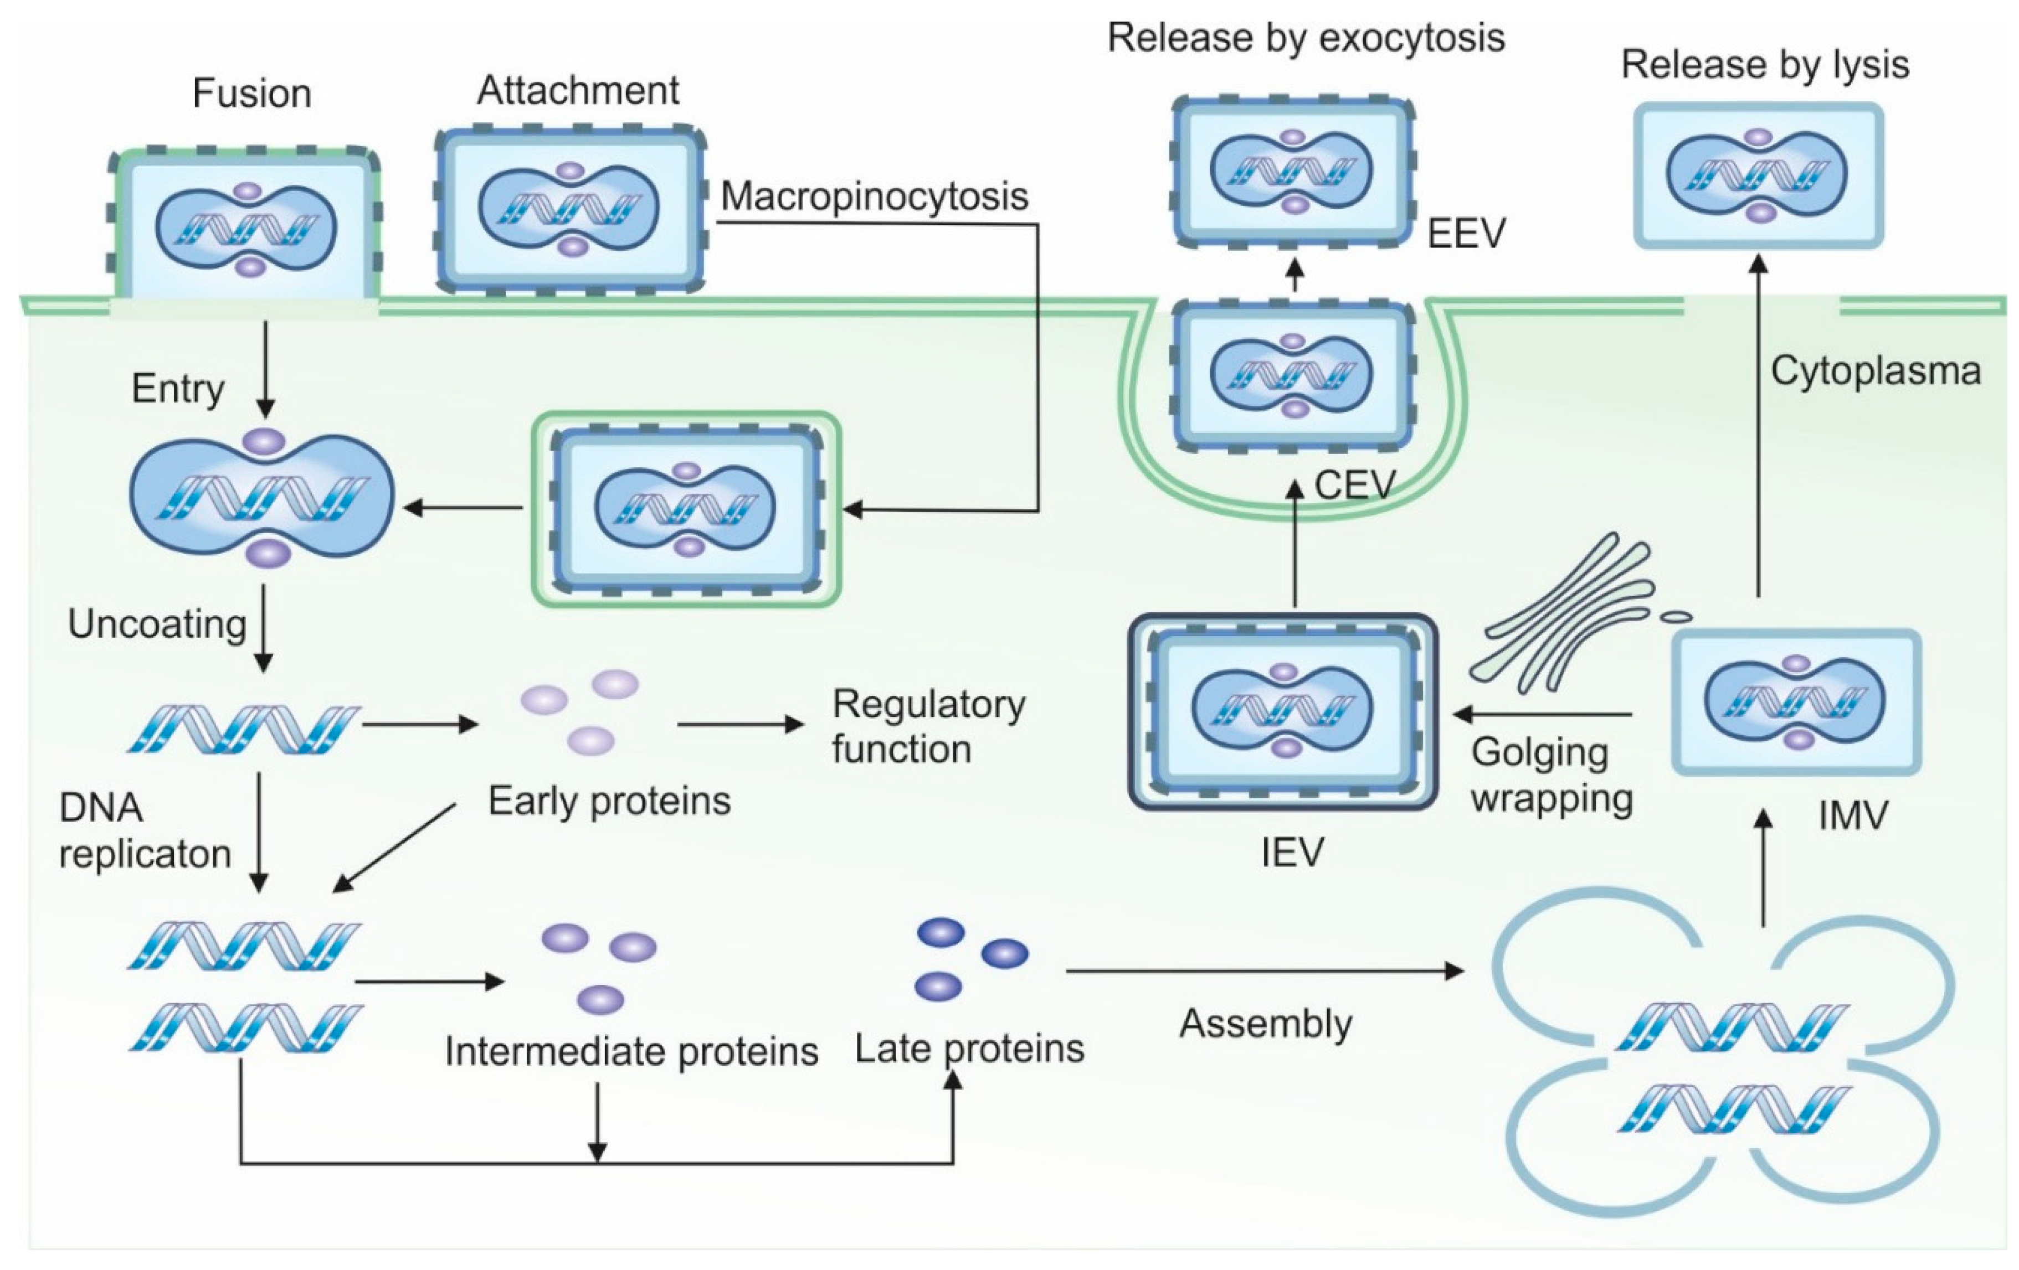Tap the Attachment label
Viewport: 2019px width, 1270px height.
tap(578, 91)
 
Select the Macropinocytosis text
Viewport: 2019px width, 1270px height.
tap(875, 196)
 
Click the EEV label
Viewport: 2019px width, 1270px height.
tap(1466, 233)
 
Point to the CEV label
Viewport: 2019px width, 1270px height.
tap(1355, 484)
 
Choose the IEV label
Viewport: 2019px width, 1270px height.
tap(1292, 851)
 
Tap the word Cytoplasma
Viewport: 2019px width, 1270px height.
tap(1876, 370)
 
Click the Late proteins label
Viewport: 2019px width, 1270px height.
tap(969, 1048)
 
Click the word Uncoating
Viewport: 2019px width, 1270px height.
tap(157, 624)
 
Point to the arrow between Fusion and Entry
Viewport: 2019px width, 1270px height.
tap(265, 369)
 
